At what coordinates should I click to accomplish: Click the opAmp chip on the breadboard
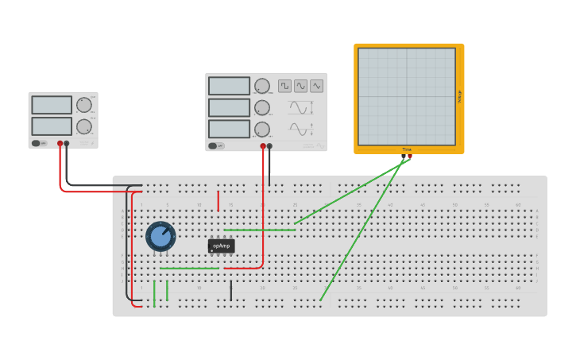(x=222, y=246)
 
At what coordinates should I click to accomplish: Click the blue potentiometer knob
(x=160, y=236)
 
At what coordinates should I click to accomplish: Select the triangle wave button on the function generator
(x=317, y=86)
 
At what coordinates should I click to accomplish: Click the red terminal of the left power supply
(x=60, y=144)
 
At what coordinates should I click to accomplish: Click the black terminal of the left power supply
(x=67, y=144)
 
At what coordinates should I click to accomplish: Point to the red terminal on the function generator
(x=263, y=146)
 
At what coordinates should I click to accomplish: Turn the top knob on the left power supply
(x=84, y=105)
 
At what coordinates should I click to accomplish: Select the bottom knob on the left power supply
(x=84, y=126)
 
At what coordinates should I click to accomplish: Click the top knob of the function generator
(x=262, y=86)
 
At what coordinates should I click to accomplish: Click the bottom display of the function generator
(x=230, y=129)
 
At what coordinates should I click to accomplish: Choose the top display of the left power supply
(x=52, y=105)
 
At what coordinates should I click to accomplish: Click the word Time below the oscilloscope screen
(x=407, y=149)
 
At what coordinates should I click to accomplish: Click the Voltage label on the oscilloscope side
(x=459, y=96)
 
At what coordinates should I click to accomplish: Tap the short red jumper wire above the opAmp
(x=218, y=200)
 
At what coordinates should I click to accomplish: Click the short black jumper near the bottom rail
(x=231, y=291)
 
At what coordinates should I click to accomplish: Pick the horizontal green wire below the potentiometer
(x=189, y=269)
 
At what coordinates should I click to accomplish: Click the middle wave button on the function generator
(x=300, y=86)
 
